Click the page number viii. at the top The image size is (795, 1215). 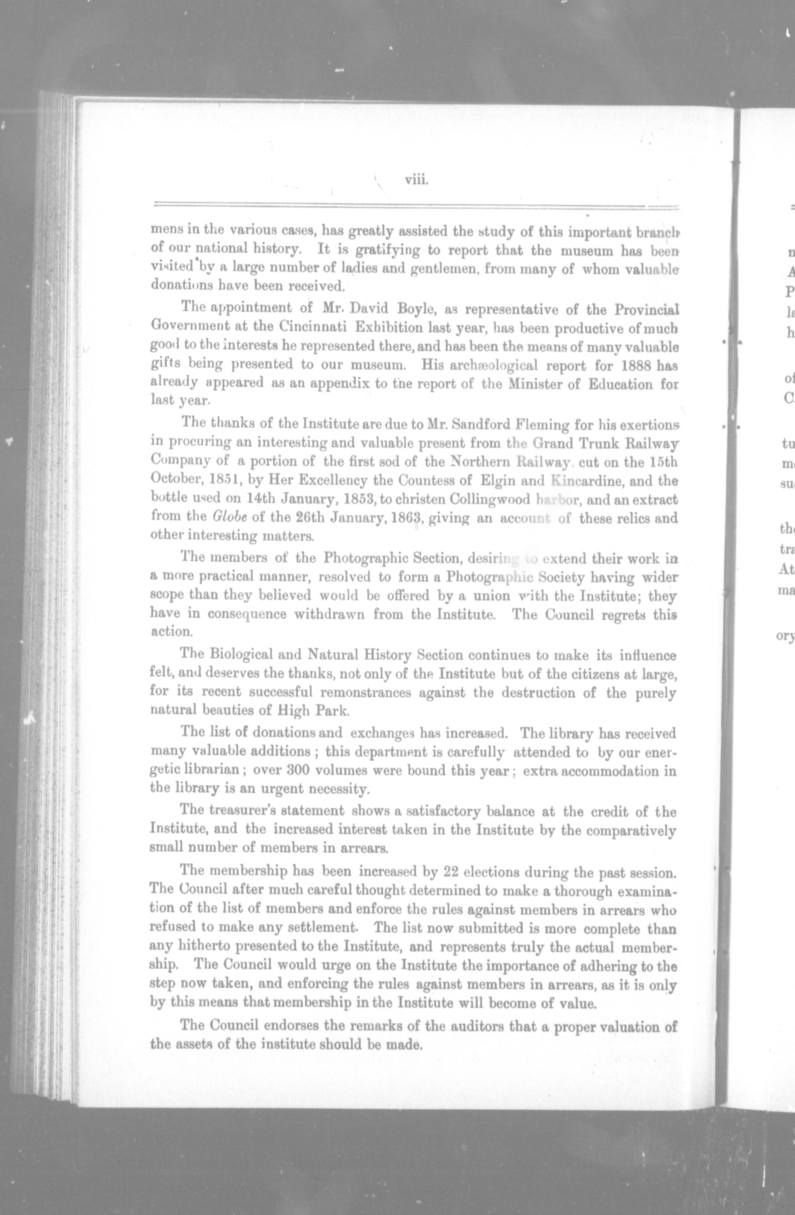(416, 180)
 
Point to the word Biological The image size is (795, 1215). (250, 654)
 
